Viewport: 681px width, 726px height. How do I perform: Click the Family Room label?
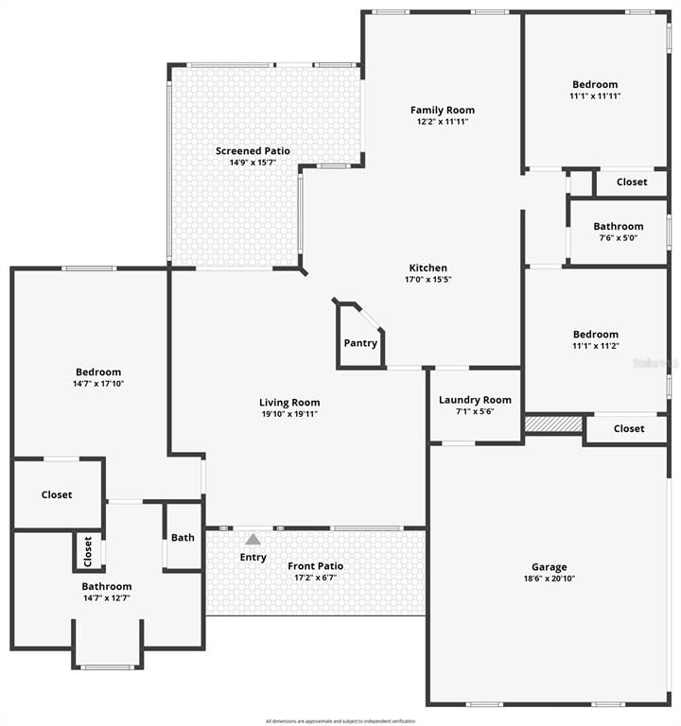click(x=442, y=110)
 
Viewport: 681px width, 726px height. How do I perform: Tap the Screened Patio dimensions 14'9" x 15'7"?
click(x=253, y=163)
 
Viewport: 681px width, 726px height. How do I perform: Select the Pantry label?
click(x=360, y=343)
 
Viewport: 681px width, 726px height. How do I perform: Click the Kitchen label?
click(x=428, y=268)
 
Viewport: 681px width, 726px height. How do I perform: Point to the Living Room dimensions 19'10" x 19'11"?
click(x=290, y=414)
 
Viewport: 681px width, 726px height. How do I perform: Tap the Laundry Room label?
click(x=475, y=400)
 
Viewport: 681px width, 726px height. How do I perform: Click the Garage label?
click(x=549, y=567)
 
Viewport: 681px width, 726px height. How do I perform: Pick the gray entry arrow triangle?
click(x=253, y=540)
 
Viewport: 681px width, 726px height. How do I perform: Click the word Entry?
click(x=253, y=557)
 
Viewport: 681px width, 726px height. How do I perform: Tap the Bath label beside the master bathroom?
click(x=183, y=537)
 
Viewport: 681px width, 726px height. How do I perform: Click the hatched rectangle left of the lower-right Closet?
click(x=553, y=425)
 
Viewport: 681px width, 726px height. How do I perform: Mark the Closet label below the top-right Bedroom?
click(x=632, y=181)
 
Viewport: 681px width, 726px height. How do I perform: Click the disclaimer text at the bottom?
click(x=340, y=721)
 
